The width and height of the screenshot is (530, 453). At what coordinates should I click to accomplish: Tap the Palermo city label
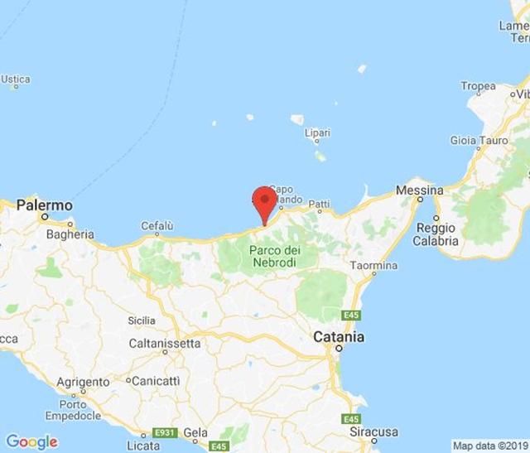pyautogui.click(x=45, y=205)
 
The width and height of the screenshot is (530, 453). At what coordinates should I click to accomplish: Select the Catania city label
pyautogui.click(x=337, y=338)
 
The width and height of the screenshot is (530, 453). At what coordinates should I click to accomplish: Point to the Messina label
pyautogui.click(x=419, y=190)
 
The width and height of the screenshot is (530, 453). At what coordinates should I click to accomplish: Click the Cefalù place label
pyautogui.click(x=157, y=225)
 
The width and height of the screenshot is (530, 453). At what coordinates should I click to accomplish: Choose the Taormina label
pyautogui.click(x=373, y=266)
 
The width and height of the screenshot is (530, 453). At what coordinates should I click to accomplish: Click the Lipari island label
pyautogui.click(x=317, y=133)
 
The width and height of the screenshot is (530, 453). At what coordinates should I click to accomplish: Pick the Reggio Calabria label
pyautogui.click(x=437, y=234)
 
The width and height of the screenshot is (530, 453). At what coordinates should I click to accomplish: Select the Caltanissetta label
pyautogui.click(x=164, y=343)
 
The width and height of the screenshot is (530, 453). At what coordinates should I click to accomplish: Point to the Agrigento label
pyautogui.click(x=83, y=383)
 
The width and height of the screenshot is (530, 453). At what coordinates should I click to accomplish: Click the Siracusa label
pyautogui.click(x=373, y=432)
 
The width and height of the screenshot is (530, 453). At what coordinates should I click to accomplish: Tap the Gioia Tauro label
pyautogui.click(x=479, y=141)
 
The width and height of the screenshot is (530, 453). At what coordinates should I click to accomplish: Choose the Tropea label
pyautogui.click(x=478, y=86)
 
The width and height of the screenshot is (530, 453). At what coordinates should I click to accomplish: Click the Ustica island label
pyautogui.click(x=15, y=80)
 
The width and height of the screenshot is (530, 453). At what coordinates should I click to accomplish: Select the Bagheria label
pyautogui.click(x=70, y=234)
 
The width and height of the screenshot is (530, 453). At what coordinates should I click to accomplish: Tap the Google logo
pyautogui.click(x=31, y=441)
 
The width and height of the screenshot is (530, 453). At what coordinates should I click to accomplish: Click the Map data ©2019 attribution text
pyautogui.click(x=489, y=446)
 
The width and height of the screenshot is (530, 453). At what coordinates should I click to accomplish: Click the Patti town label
pyautogui.click(x=319, y=204)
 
